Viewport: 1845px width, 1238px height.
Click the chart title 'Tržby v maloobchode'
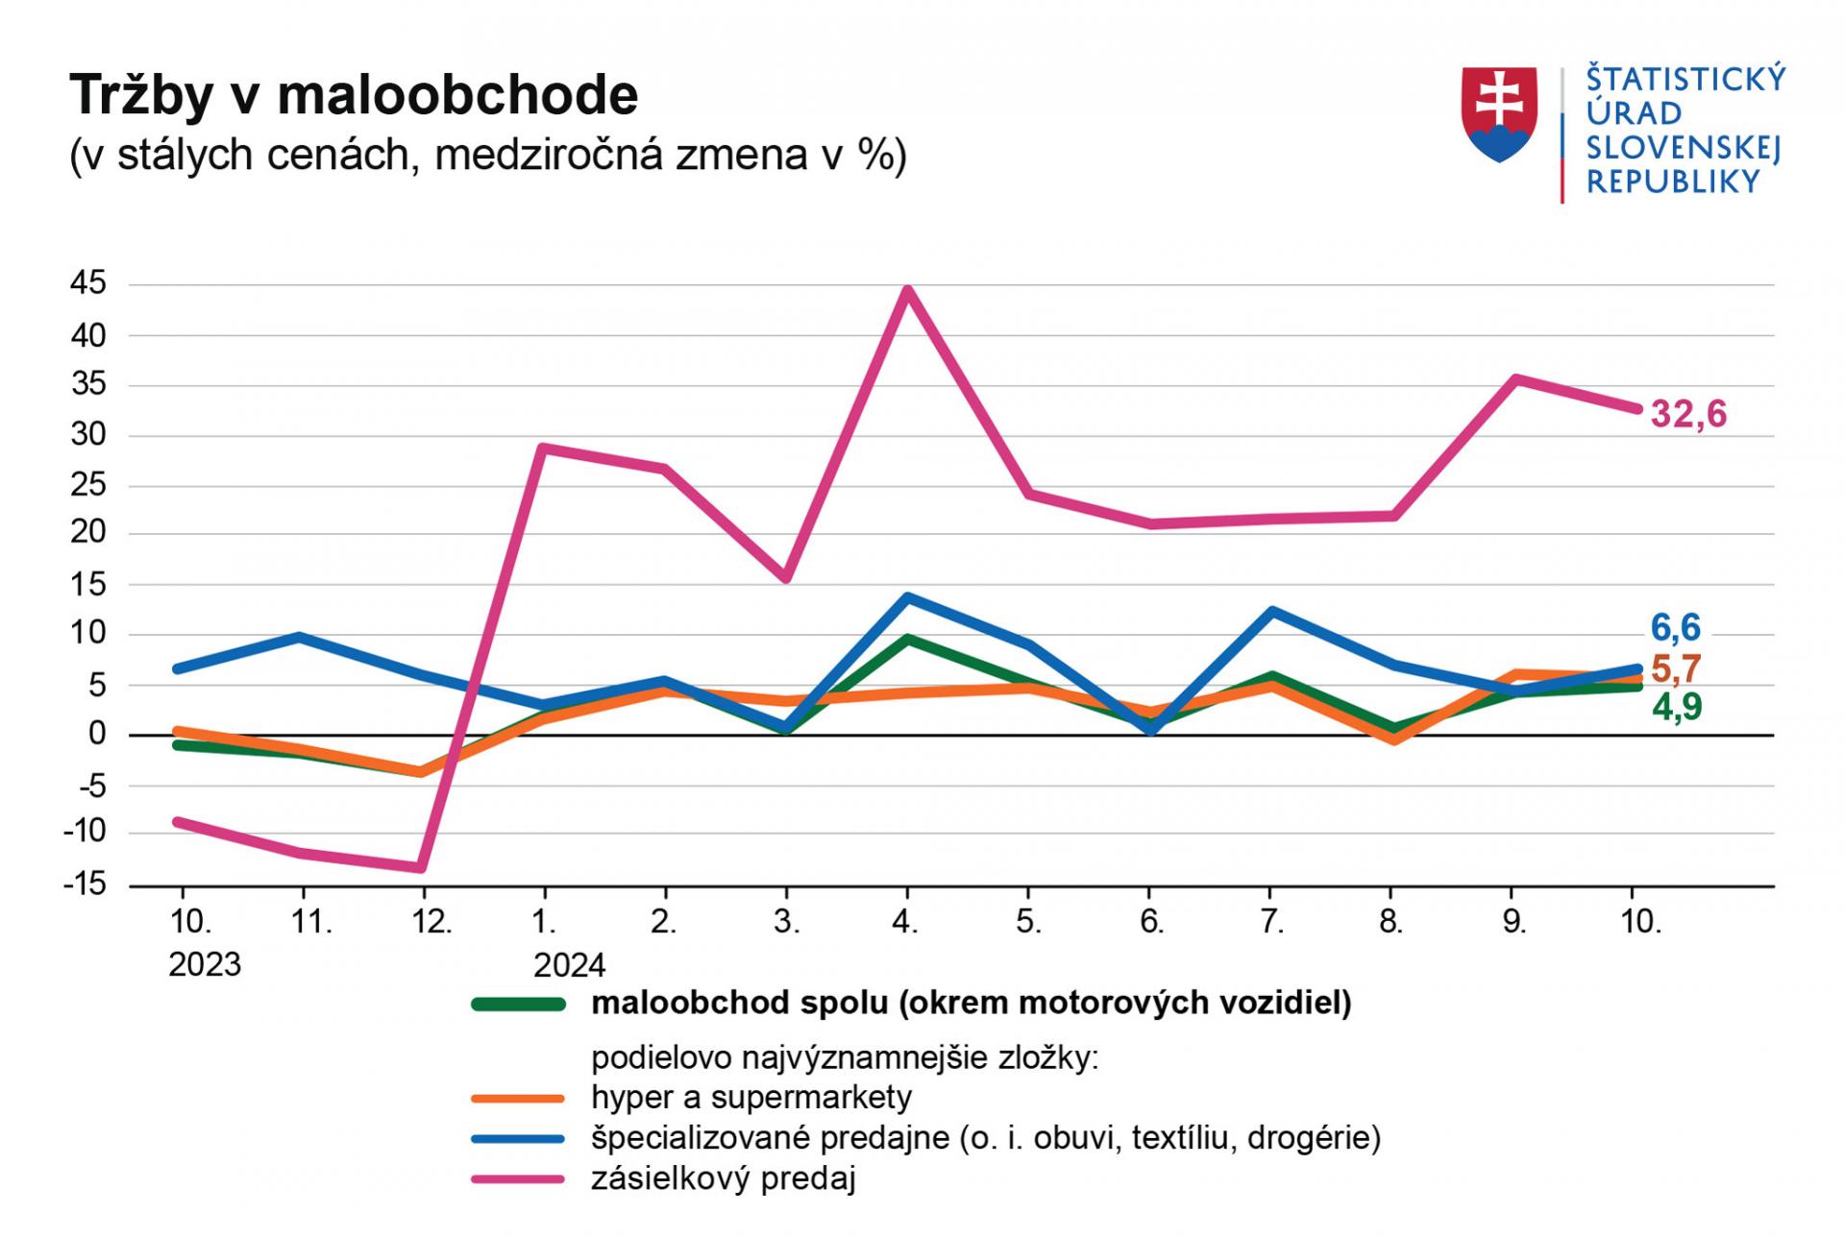(354, 96)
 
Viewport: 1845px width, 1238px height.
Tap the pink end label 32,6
(1688, 415)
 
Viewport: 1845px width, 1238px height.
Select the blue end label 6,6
(1676, 628)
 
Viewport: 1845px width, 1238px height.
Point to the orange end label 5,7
(1676, 668)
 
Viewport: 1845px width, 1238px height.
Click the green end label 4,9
(1677, 708)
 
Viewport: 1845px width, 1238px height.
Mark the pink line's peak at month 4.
(907, 289)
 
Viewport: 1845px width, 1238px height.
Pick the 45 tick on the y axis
(88, 284)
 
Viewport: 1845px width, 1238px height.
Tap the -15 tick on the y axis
(85, 885)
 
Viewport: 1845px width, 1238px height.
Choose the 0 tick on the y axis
(97, 735)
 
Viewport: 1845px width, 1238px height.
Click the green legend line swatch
(518, 1005)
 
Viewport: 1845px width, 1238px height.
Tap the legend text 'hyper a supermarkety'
(751, 1097)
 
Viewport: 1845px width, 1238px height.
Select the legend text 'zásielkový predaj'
(723, 1178)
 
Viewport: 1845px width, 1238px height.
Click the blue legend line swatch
(518, 1139)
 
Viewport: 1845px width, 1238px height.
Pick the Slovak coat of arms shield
(1499, 113)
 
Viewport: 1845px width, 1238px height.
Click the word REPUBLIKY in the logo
(1673, 182)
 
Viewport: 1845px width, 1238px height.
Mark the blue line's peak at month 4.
(907, 597)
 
